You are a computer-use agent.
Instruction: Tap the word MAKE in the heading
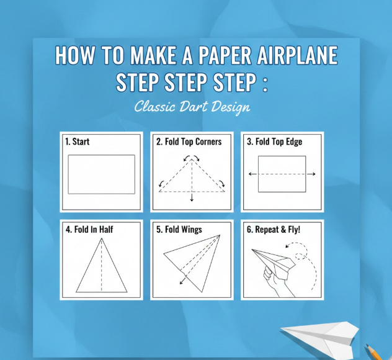[x=153, y=55]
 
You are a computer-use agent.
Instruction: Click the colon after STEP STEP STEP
[x=265, y=83]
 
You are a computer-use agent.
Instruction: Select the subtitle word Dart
[x=194, y=107]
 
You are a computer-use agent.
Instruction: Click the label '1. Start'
[x=77, y=142]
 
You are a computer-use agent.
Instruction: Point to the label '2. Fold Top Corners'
[x=189, y=142]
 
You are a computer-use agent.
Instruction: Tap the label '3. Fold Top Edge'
[x=274, y=142]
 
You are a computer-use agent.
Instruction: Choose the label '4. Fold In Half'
[x=89, y=230]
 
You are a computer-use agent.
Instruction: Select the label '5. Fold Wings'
[x=179, y=230]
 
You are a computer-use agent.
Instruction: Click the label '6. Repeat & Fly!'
[x=274, y=230]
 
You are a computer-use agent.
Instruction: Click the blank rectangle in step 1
[x=102, y=174]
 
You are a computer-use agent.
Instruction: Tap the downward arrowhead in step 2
[x=192, y=199]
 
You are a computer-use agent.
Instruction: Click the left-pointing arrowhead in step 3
[x=250, y=174]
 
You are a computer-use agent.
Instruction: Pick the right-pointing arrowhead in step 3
[x=313, y=174]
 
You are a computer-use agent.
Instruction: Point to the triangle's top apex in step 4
[x=102, y=238]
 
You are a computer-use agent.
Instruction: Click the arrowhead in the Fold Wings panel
[x=182, y=282]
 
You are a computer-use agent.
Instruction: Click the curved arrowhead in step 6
[x=288, y=246]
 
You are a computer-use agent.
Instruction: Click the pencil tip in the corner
[x=367, y=345]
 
